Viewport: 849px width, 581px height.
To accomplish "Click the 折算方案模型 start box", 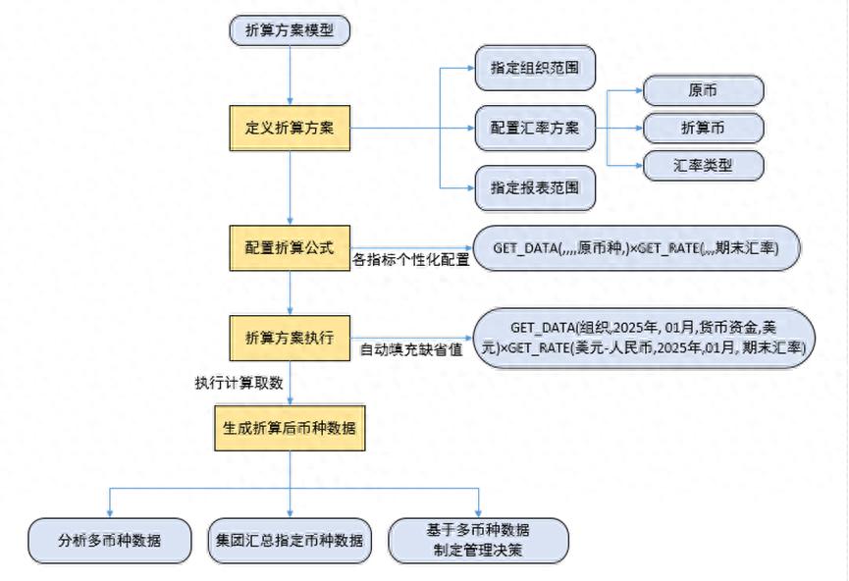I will (290, 30).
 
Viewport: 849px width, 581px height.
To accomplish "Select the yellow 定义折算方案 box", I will (290, 128).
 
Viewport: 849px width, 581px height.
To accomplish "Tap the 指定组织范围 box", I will (535, 70).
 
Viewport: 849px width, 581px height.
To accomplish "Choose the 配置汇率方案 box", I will (535, 128).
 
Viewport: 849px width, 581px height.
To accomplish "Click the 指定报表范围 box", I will (535, 186).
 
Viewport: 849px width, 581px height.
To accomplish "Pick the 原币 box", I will (703, 89).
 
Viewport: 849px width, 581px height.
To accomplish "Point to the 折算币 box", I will (703, 128).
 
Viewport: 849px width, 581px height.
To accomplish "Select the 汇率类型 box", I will (703, 166).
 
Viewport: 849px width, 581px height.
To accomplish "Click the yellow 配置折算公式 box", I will (290, 245).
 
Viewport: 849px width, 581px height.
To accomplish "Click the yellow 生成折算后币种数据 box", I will (290, 429).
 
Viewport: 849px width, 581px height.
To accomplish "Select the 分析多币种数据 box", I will (109, 540).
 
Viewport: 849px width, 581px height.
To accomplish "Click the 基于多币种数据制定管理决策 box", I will (479, 540).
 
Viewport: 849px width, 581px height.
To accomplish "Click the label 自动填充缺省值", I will (411, 349).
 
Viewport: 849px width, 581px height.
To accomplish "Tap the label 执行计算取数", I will (239, 383).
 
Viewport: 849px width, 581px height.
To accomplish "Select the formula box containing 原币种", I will (636, 248).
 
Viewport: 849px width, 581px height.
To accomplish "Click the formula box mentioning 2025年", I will (644, 337).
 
